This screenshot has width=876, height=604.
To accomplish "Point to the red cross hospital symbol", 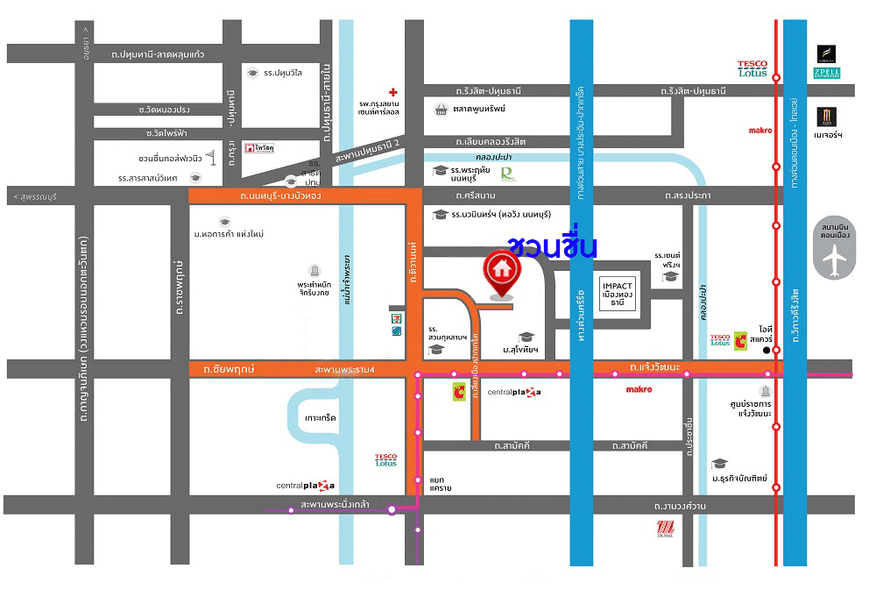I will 394,92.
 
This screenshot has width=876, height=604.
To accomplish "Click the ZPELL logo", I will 827,72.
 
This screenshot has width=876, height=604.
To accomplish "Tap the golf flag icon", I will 210,157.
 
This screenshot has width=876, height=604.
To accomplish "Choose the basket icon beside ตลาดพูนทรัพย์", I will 442,110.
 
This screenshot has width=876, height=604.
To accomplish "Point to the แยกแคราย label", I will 441,484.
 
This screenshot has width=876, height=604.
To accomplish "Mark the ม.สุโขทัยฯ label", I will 519,351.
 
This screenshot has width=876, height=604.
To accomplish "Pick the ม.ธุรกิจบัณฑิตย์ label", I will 739,479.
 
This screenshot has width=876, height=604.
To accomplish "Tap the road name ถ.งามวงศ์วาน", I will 681,506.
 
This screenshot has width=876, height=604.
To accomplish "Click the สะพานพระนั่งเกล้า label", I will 334,506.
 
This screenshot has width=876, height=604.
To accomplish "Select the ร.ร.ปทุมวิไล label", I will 283,73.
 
